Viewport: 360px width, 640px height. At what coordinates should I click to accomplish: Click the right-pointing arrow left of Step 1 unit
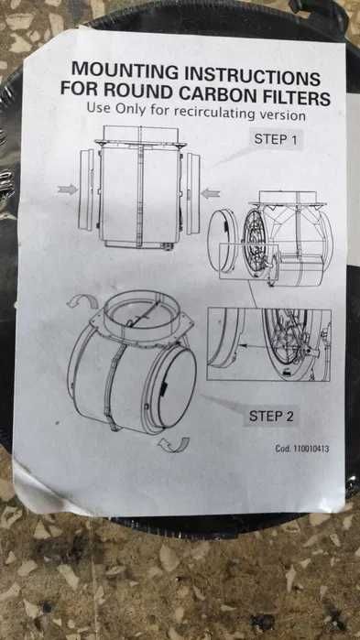point(68,190)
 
